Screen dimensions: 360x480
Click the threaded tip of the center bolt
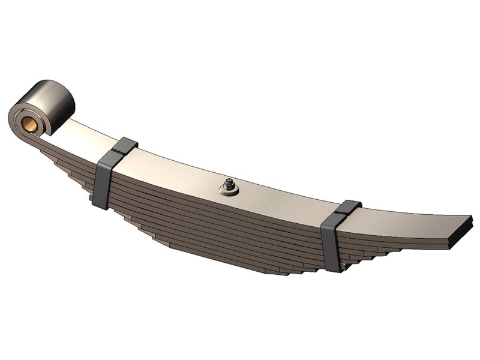229,182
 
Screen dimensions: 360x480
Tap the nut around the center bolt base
230,191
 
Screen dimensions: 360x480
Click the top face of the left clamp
125,146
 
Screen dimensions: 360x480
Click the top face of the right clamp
349,208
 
